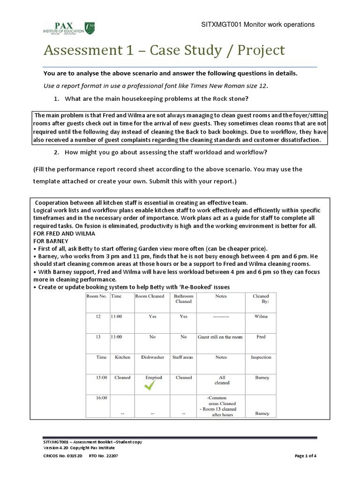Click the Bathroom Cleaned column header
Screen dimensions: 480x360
183,299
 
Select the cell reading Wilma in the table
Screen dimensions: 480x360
261,316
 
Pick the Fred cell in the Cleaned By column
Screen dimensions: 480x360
261,337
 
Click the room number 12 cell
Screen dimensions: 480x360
98,316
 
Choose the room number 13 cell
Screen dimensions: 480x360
98,337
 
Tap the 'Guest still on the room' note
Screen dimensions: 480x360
220,337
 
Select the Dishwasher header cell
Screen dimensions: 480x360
152,357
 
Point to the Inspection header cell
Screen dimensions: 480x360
261,357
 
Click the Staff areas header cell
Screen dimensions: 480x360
183,357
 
